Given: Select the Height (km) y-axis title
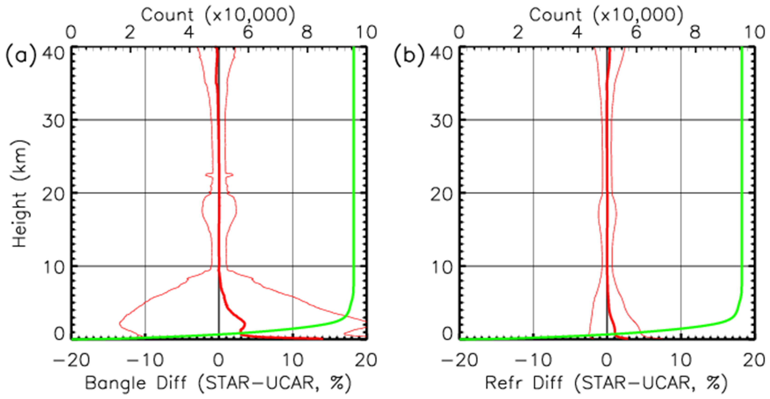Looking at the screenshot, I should coord(20,194).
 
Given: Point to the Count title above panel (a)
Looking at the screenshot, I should coord(167,15).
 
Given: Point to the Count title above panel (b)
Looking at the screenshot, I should coord(555,15).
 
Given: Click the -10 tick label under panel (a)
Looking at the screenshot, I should coord(146,360).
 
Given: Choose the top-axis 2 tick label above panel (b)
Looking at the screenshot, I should coord(518,32).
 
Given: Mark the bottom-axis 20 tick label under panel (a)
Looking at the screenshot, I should coord(366,360).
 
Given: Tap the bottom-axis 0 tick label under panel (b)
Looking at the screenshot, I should coord(607,360).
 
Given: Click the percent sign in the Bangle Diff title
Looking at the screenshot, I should coord(336,383).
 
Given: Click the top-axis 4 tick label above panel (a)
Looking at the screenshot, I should coord(189,32).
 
